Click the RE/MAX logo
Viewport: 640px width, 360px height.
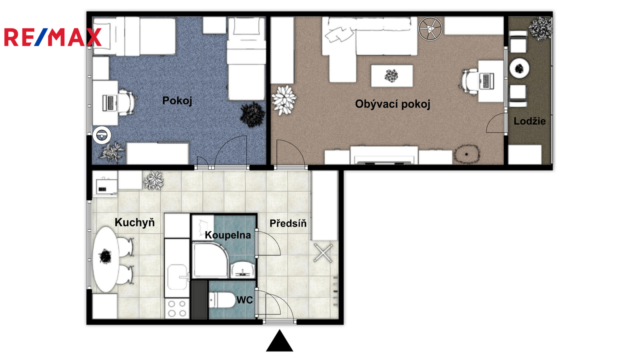pos(53,37)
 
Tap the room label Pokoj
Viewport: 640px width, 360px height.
pos(177,100)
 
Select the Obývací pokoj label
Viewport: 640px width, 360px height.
pos(392,104)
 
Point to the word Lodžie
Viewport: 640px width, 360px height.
pos(530,121)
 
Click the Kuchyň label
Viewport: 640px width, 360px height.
pos(134,222)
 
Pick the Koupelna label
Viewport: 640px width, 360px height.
pos(228,235)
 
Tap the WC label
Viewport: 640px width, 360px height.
pos(244,300)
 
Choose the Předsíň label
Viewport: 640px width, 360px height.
pos(288,223)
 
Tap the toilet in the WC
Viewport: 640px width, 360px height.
pos(222,300)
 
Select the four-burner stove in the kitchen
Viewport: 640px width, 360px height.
pos(177,308)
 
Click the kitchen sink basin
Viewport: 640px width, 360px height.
pos(177,277)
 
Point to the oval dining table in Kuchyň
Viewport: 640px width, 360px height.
pos(106,259)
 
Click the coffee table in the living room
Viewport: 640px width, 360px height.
pos(392,76)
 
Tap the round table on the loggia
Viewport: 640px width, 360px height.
pos(520,68)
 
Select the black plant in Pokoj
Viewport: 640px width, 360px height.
pos(252,114)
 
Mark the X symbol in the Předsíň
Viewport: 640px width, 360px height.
pos(323,253)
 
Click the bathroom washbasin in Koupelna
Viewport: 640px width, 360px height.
pos(242,270)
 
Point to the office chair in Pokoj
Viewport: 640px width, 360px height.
pos(126,102)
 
